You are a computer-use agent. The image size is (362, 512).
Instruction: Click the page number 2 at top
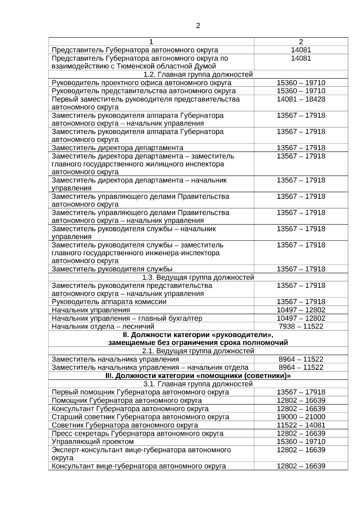(x=198, y=26)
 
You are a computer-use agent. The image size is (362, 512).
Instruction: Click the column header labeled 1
(x=151, y=42)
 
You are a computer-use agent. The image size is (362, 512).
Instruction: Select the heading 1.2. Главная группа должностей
(x=198, y=75)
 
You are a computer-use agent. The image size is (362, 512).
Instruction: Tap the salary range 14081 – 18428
(x=301, y=99)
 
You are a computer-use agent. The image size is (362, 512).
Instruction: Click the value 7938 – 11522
(x=301, y=326)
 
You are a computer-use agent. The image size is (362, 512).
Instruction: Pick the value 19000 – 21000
(x=301, y=417)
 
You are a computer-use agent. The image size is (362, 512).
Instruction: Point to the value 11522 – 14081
(x=301, y=425)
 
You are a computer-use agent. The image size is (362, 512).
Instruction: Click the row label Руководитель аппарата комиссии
(x=109, y=302)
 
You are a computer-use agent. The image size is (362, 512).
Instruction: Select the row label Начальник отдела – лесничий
(x=103, y=326)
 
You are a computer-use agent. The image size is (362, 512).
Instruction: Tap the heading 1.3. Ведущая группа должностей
(x=198, y=277)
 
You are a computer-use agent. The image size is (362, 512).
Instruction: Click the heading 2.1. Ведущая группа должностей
(x=198, y=351)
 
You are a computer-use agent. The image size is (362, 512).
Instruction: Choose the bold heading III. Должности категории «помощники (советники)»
(x=198, y=376)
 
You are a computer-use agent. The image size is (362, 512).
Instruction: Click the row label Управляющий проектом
(x=93, y=441)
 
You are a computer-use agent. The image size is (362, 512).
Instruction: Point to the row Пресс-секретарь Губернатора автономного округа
(x=138, y=433)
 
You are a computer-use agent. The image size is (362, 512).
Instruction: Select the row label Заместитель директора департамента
(x=117, y=148)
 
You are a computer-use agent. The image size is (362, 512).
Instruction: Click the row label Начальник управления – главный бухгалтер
(x=127, y=318)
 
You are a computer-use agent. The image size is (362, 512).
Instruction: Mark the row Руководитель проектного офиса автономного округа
(x=141, y=83)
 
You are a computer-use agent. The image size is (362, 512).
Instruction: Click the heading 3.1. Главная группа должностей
(x=198, y=384)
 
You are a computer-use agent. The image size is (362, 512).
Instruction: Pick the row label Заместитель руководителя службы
(x=112, y=269)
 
